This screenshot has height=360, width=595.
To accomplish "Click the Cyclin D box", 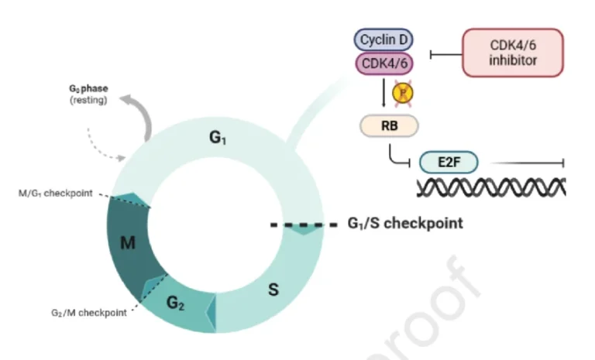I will (385, 39).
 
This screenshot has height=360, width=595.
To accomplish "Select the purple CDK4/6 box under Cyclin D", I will (385, 63).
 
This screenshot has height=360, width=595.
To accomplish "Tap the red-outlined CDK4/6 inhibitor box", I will (512, 53).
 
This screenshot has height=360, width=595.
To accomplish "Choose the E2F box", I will (449, 163).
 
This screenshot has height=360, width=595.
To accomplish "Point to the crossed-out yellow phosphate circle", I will (402, 94).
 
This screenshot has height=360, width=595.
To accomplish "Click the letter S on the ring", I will (273, 291).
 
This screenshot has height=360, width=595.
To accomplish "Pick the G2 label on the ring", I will (176, 303).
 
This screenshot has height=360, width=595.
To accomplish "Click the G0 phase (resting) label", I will (88, 94).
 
